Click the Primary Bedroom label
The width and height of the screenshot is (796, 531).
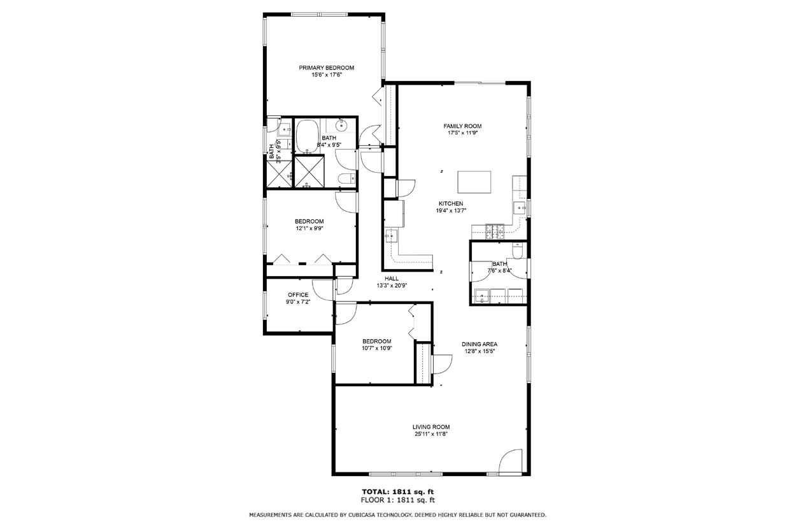click(326, 68)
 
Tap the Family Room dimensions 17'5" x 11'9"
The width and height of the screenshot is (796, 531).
click(462, 133)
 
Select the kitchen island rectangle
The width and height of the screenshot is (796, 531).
click(474, 182)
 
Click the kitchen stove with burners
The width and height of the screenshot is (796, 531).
click(495, 231)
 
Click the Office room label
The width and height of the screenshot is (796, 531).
click(298, 295)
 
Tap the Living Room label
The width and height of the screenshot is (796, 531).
click(431, 427)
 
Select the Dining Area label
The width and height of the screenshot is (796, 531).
click(480, 344)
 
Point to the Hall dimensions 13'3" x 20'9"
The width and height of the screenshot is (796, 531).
click(392, 286)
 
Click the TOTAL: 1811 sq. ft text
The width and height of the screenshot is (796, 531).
click(397, 492)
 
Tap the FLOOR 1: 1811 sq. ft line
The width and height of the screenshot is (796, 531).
click(397, 500)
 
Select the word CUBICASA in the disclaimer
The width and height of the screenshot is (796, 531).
click(361, 515)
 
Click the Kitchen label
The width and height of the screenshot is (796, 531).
click(451, 204)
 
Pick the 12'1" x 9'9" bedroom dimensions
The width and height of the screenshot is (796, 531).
click(309, 228)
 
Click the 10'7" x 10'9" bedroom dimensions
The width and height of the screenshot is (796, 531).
click(377, 349)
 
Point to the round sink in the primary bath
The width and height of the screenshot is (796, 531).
click(341, 125)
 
